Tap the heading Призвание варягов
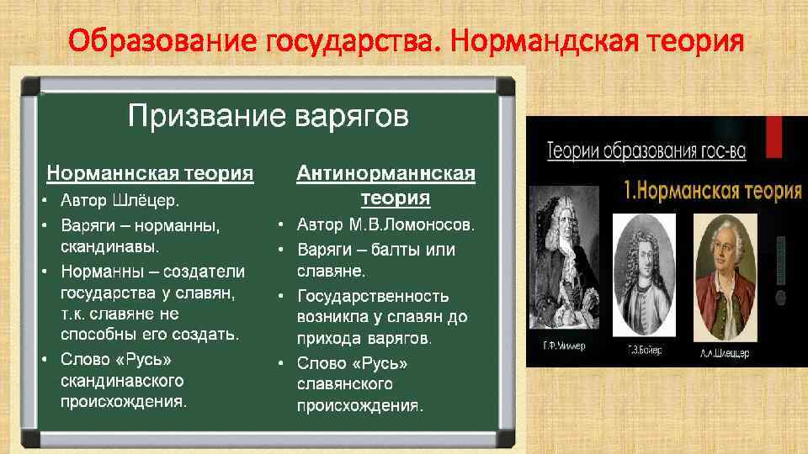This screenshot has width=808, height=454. click(268, 116)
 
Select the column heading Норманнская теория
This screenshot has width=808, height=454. click(150, 173)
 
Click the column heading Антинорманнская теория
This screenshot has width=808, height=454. click(385, 185)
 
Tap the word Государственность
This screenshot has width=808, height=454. click(373, 296)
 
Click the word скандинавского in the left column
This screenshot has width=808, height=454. click(122, 381)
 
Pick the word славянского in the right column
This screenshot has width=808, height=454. click(345, 384)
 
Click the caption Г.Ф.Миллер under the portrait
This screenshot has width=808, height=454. click(562, 346)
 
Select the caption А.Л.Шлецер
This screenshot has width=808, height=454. click(725, 354)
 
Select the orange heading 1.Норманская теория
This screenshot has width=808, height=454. click(712, 190)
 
